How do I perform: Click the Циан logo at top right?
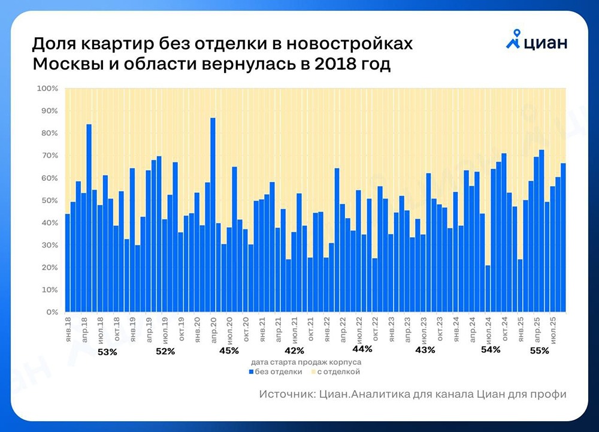pyautogui.click(x=536, y=43)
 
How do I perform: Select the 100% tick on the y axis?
pyautogui.click(x=48, y=89)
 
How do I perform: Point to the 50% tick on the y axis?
pyautogui.click(x=49, y=201)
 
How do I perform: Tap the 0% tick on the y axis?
pyautogui.click(x=51, y=312)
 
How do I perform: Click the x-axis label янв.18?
pyautogui.click(x=68, y=328)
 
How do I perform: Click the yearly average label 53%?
pyautogui.click(x=108, y=352)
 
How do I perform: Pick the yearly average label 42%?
pyautogui.click(x=294, y=351)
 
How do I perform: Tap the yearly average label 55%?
pyautogui.click(x=539, y=351)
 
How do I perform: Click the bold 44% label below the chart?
pyautogui.click(x=362, y=348)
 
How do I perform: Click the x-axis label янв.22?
pyautogui.click(x=326, y=328)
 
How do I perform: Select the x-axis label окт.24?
pyautogui.click(x=505, y=328)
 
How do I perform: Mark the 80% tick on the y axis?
pyautogui.click(x=49, y=134)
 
